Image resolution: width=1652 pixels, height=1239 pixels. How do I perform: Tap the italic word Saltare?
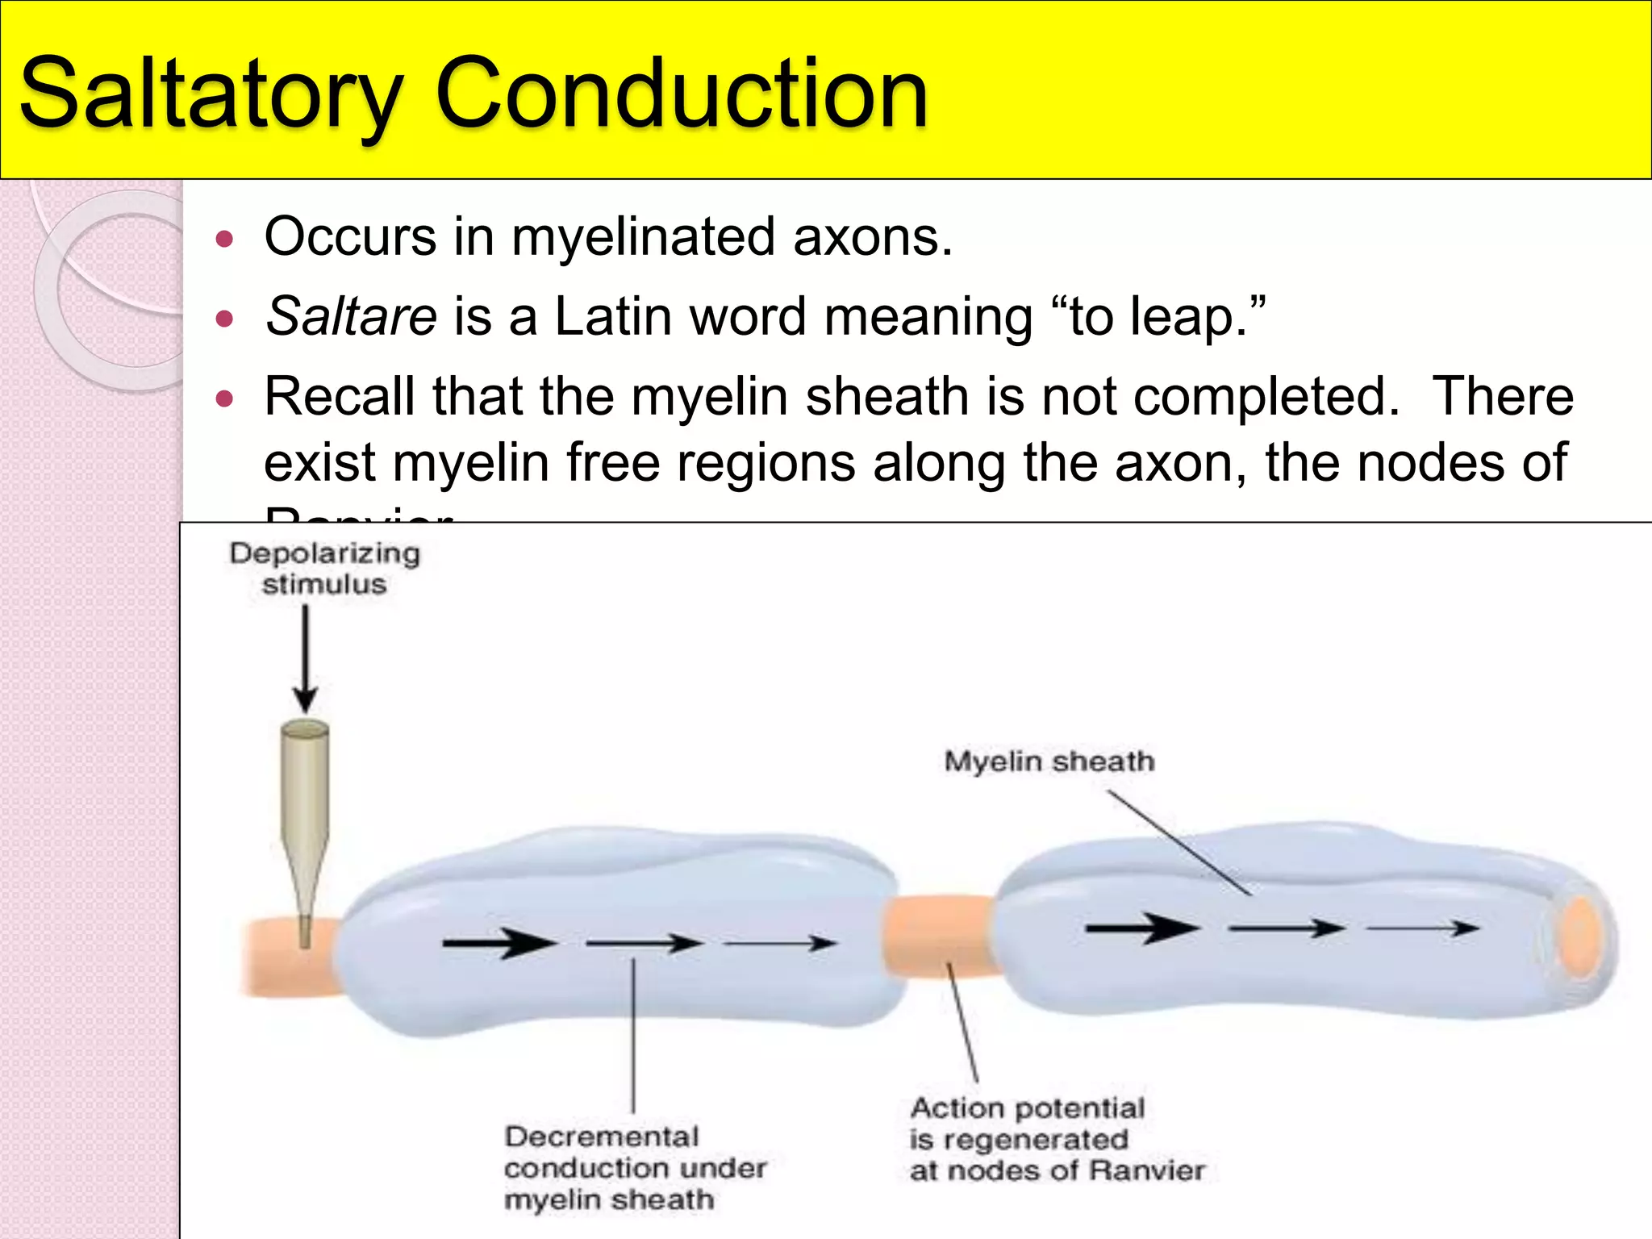(352, 316)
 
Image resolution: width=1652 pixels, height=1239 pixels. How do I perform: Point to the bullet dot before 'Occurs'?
(225, 239)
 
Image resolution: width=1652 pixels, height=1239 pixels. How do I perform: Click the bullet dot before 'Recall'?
(225, 398)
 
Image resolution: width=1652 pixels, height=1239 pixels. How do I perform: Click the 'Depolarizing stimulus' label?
(324, 568)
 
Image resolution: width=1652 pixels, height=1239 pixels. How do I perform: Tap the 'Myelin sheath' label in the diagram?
(1049, 761)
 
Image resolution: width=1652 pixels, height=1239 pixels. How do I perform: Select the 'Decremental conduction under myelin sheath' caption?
(634, 1168)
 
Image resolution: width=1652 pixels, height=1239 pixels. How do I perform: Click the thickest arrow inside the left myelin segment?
(499, 942)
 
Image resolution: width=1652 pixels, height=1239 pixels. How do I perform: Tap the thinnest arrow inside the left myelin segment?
(780, 942)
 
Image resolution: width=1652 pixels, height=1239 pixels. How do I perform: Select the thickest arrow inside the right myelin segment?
(1141, 928)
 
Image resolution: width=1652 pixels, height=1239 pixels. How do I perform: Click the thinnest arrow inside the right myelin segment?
(1422, 928)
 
